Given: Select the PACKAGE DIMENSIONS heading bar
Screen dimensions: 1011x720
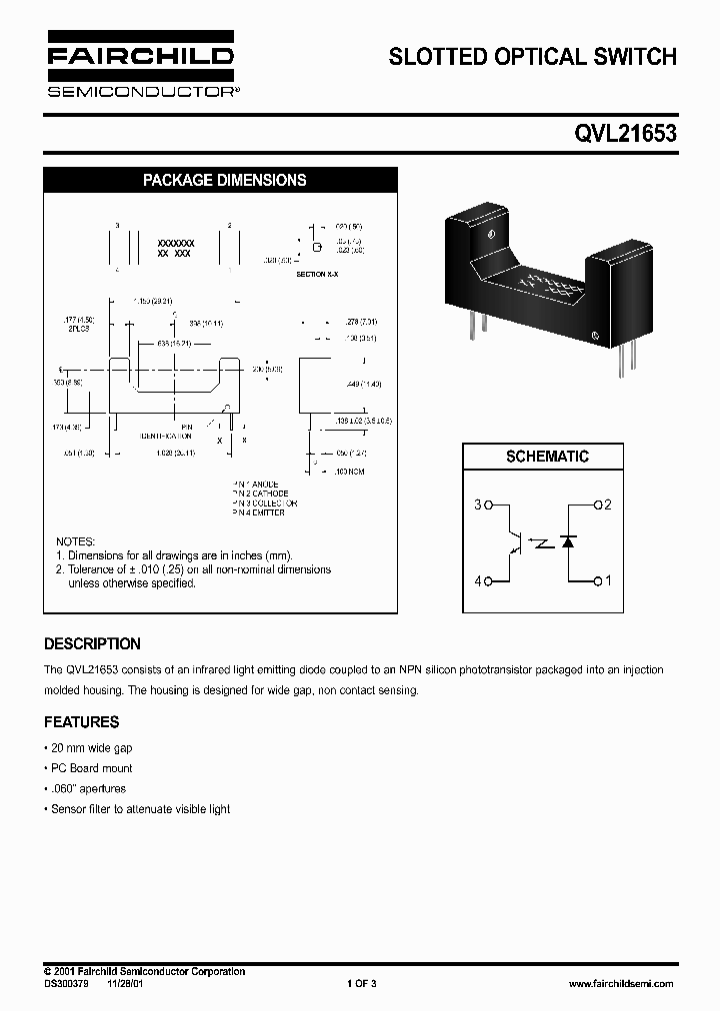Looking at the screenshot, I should point(224,181).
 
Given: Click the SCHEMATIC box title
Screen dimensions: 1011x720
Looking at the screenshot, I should point(547,457).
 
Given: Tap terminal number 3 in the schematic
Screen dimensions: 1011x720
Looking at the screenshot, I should point(478,505).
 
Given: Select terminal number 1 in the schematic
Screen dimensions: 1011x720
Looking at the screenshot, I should point(607,579).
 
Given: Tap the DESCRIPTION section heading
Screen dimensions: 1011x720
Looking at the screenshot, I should point(92,644).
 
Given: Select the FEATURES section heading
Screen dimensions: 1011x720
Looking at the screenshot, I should point(81,722).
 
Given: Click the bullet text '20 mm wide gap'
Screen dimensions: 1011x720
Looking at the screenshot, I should point(91,747).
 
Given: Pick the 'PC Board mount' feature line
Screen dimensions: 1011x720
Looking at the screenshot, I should point(91,768).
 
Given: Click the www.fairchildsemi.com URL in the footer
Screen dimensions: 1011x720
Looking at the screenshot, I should point(620,983).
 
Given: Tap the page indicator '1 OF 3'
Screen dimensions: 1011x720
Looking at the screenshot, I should point(361,983).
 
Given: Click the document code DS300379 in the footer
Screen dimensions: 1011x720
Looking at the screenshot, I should point(67,983).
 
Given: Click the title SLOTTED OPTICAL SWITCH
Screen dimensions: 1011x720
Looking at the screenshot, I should point(532,57).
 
